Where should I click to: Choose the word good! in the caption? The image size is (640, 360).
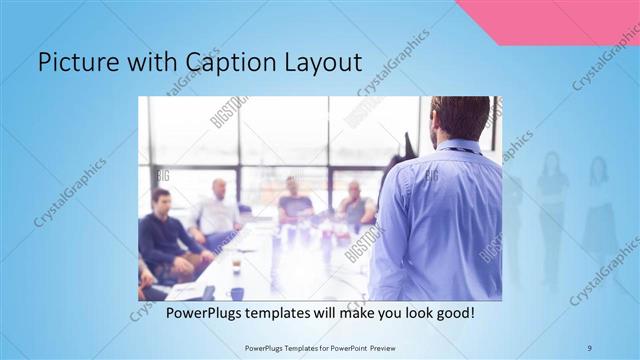click(x=452, y=314)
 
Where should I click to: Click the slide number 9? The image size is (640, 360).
click(x=589, y=346)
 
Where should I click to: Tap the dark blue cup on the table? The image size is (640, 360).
click(x=237, y=293)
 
